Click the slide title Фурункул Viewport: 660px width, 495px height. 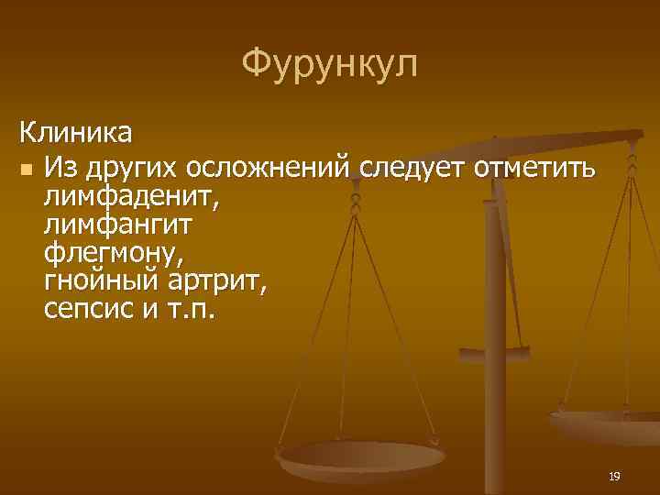click(330, 64)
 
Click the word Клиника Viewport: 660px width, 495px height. click(76, 134)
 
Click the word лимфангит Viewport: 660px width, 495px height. click(118, 223)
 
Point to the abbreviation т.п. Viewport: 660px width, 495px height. click(191, 305)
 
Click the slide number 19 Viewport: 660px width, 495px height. click(614, 476)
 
